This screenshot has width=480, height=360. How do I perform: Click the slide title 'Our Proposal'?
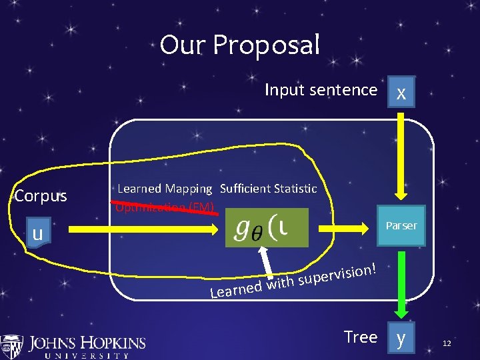pos(240,45)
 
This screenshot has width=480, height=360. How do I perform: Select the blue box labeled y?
pos(401,339)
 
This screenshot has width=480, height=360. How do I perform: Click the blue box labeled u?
pos(38,233)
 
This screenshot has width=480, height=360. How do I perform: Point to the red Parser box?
pos(401,225)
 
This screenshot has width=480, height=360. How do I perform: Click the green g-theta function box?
pos(267,227)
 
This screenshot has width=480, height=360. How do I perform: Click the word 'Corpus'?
pos(41,196)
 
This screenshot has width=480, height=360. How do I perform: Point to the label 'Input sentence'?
pos(321,89)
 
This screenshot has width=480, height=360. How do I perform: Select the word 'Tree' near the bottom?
pos(361,337)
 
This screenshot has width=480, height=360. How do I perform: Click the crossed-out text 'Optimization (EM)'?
pos(165,207)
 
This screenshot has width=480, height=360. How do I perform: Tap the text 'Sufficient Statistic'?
pos(268,189)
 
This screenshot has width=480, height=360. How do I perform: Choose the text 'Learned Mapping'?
pos(165,189)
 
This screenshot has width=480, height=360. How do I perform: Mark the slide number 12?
pos(447,343)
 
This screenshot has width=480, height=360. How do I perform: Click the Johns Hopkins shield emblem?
pos(11,346)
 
